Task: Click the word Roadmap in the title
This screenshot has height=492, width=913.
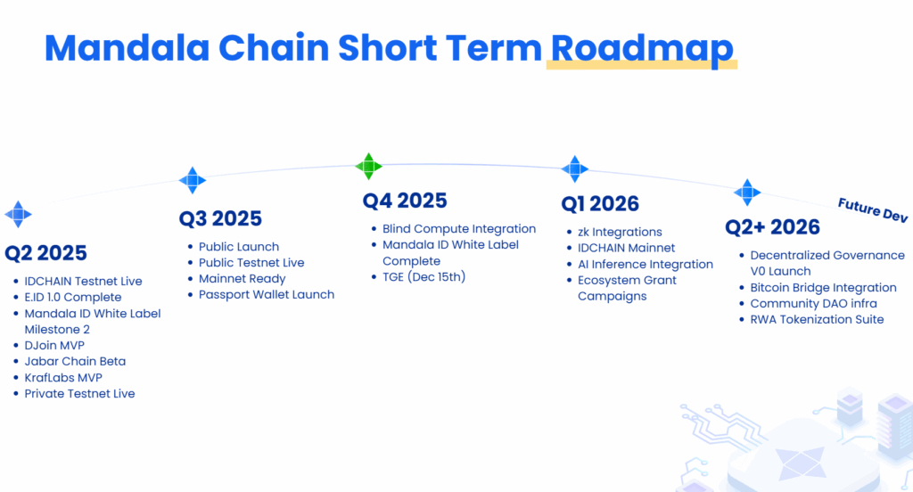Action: click(642, 49)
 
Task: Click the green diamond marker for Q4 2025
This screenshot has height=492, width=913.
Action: click(368, 167)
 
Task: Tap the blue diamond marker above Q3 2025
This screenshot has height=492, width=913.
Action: click(193, 181)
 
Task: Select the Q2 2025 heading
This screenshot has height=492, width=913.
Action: click(46, 253)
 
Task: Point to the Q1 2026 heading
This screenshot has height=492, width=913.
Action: click(600, 204)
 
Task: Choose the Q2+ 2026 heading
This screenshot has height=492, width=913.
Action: click(772, 227)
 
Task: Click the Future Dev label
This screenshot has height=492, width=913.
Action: click(872, 210)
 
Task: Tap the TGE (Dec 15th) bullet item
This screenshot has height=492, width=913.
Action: click(424, 277)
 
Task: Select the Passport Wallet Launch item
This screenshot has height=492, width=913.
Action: click(267, 295)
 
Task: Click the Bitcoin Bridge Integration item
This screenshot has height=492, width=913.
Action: click(823, 288)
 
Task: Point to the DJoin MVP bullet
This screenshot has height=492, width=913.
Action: click(54, 345)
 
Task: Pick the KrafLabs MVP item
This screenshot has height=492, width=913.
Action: click(63, 377)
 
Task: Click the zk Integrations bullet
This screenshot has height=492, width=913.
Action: click(620, 232)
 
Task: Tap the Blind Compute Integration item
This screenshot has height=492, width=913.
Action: click(459, 229)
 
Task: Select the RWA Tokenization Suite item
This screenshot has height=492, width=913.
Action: click(817, 320)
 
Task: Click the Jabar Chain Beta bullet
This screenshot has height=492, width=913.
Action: click(75, 361)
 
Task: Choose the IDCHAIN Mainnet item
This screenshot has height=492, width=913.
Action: click(627, 248)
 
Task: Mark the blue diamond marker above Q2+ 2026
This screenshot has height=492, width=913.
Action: click(747, 193)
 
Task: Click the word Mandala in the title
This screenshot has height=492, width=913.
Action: click(127, 48)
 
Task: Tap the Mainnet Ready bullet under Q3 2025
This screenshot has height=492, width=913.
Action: click(243, 279)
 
